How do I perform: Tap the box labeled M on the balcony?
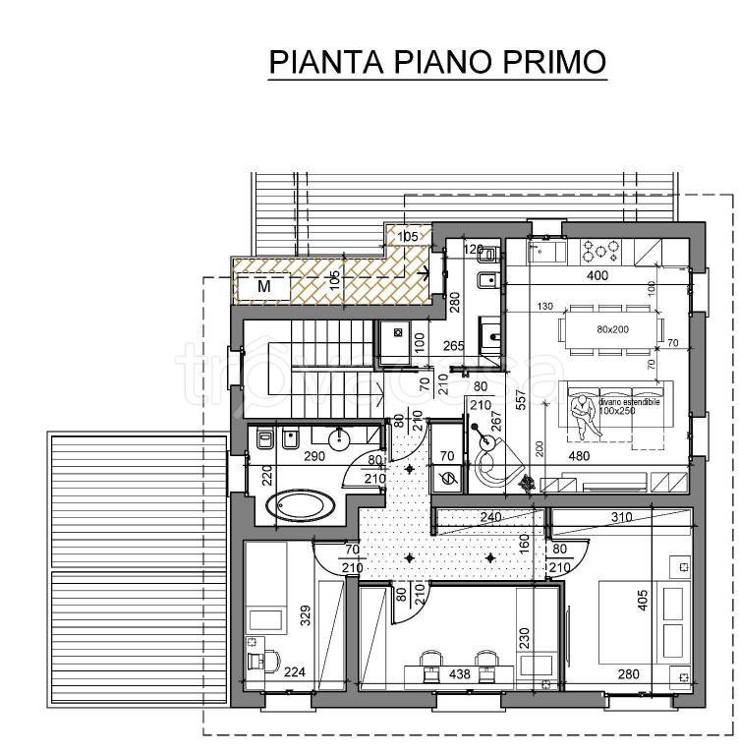pyautogui.click(x=263, y=287)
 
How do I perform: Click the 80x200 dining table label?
pyautogui.click(x=610, y=329)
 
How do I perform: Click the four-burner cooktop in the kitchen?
pyautogui.click(x=598, y=250)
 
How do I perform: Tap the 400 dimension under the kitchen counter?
pyautogui.click(x=597, y=276)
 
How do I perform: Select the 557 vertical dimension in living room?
pyautogui.click(x=521, y=399)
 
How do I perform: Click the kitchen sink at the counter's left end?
pyautogui.click(x=542, y=251)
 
